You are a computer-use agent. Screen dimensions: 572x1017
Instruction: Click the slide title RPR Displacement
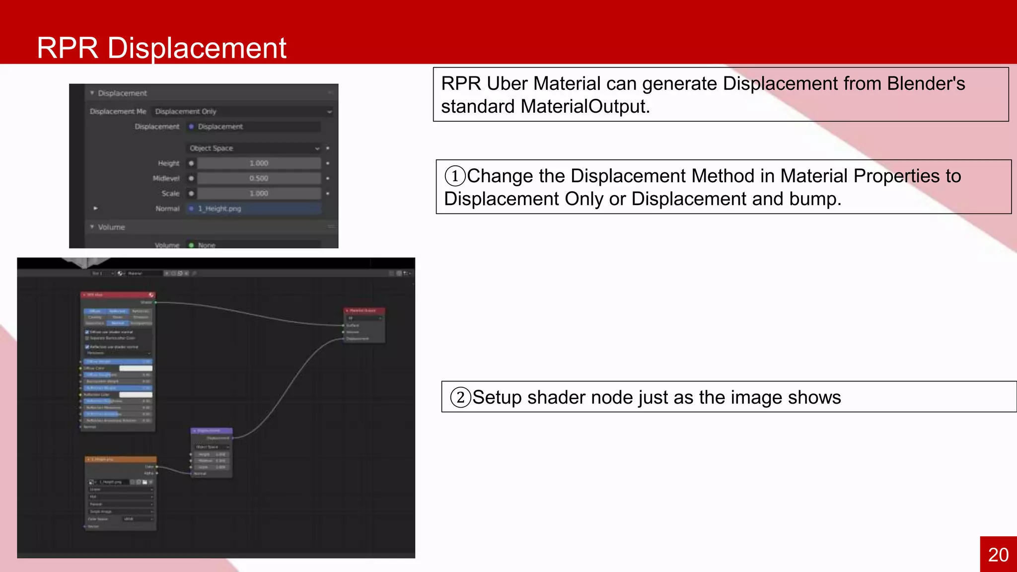pos(161,48)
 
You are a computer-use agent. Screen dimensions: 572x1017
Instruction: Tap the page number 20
pos(998,555)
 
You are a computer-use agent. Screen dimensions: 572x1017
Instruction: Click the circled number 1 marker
pos(455,176)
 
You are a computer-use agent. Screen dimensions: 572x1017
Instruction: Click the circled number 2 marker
pos(460,397)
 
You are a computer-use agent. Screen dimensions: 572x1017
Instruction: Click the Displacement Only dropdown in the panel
pos(242,112)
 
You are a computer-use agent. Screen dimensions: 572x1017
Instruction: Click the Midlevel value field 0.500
pos(259,178)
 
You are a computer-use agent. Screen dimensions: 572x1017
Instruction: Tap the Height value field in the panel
pos(259,163)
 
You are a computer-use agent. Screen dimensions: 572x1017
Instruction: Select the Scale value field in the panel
pos(259,193)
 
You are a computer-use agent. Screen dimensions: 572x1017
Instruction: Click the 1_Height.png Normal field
pos(253,209)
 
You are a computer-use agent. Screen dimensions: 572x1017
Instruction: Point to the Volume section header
pos(111,227)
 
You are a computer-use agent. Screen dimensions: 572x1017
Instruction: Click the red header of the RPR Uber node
pos(118,295)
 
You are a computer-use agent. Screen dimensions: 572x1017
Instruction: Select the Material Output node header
pos(364,310)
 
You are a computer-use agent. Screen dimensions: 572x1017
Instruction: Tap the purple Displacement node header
pos(211,430)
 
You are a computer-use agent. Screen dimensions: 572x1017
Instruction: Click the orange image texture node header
pos(120,459)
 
